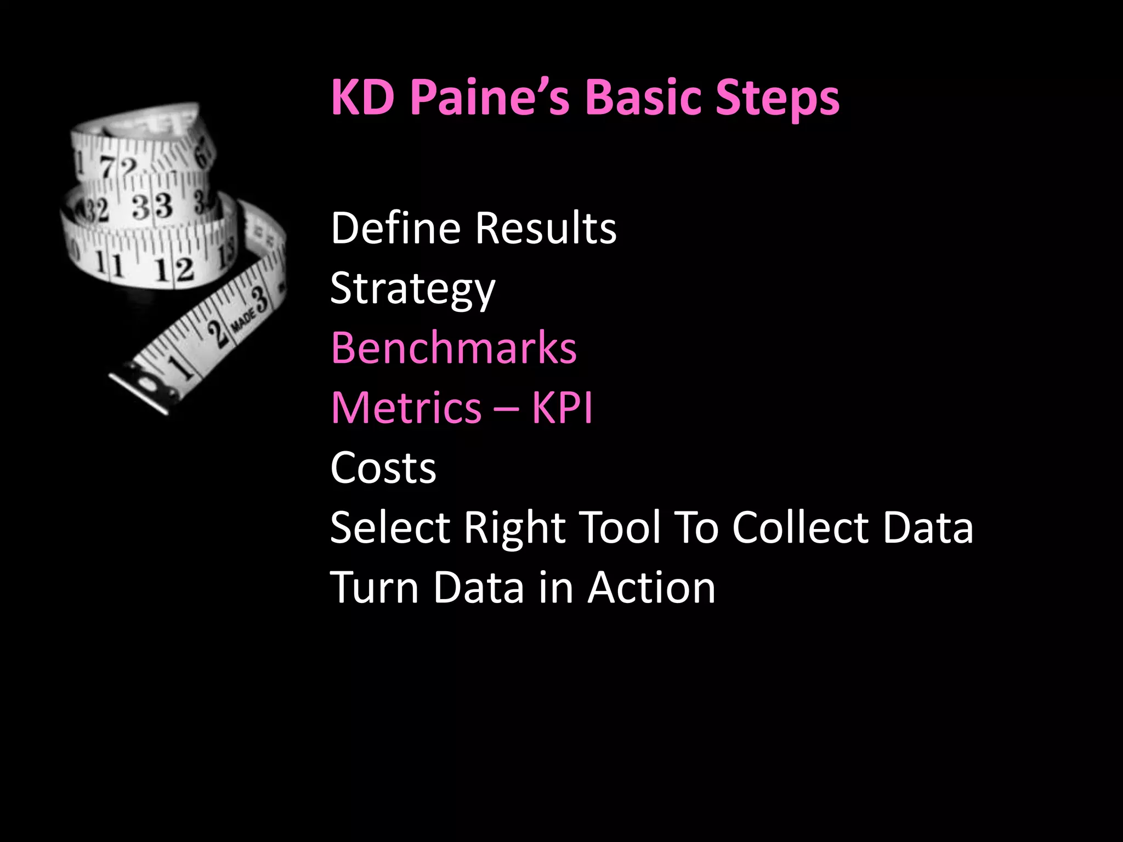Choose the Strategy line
click(412, 289)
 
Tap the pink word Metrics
click(406, 408)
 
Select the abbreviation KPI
click(562, 408)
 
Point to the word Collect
click(800, 527)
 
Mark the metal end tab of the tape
click(140, 392)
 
